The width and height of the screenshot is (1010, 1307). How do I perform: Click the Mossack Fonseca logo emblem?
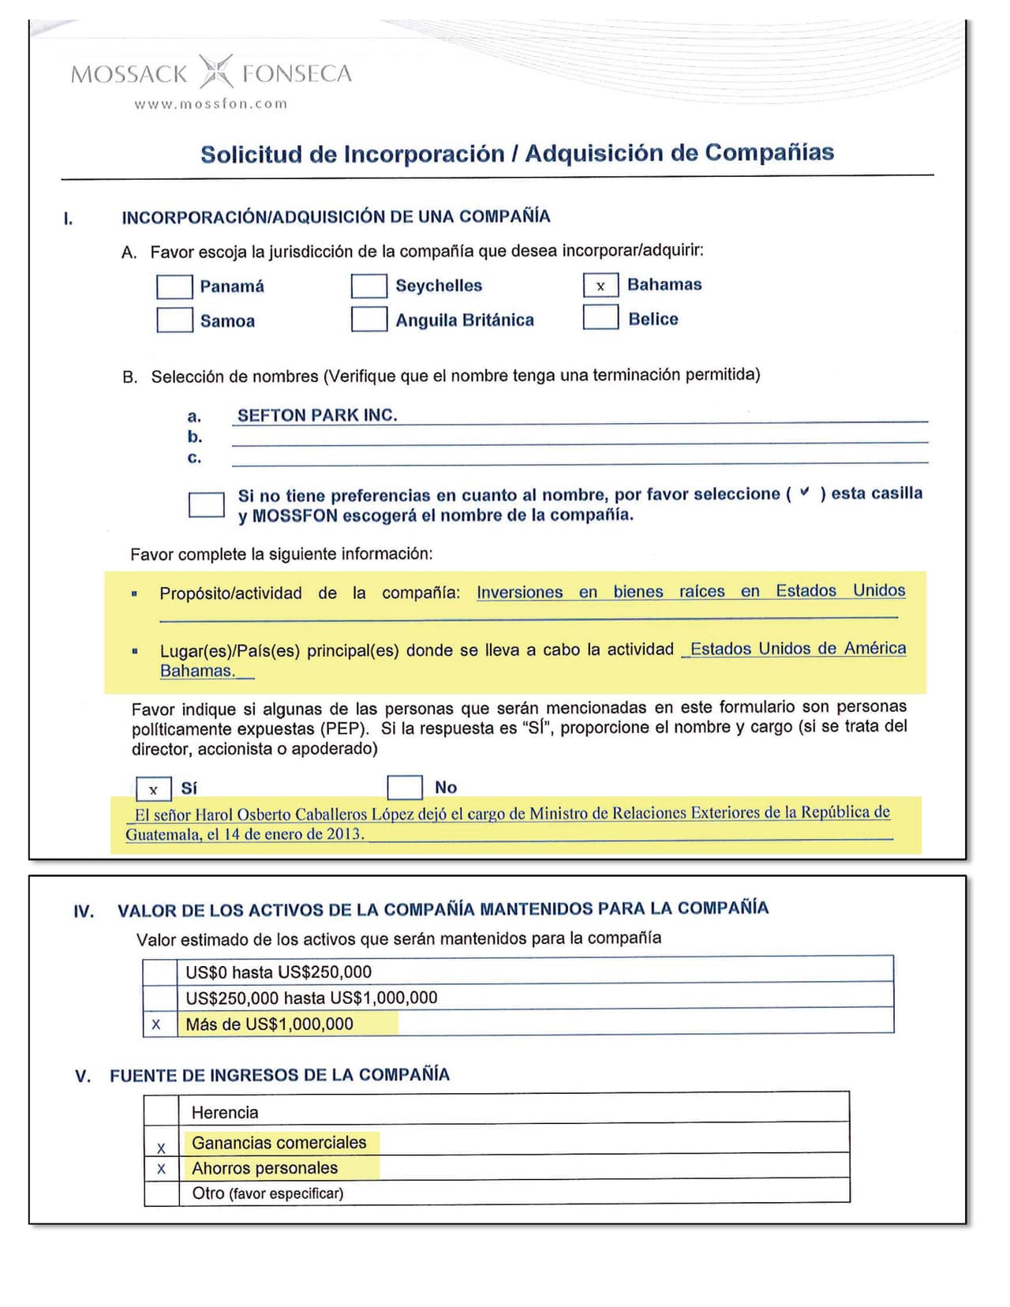(x=215, y=72)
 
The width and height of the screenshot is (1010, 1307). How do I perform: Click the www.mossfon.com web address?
(x=211, y=103)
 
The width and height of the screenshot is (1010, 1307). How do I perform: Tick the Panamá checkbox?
(x=174, y=286)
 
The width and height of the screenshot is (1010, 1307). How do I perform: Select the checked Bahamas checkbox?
(x=600, y=285)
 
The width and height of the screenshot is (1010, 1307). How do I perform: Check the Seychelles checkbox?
(x=368, y=286)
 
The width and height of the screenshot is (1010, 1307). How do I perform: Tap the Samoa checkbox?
(x=174, y=320)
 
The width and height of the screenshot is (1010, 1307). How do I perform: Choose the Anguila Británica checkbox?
(x=368, y=319)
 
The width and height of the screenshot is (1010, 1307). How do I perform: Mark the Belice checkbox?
(x=600, y=317)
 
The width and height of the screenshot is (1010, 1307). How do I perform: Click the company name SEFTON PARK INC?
(x=317, y=415)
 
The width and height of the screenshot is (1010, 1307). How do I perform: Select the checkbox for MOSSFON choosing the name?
(x=207, y=504)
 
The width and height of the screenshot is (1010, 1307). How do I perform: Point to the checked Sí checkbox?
(x=153, y=788)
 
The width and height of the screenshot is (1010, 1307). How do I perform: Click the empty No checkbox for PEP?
(x=405, y=787)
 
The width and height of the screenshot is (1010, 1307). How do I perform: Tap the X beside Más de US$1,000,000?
(x=156, y=1024)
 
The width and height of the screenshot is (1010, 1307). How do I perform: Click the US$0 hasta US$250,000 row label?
(x=279, y=972)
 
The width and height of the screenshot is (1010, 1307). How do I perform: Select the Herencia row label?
(x=225, y=1113)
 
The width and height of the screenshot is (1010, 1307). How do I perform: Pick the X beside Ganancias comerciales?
(x=161, y=1148)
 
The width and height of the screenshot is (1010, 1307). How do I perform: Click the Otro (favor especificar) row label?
(x=267, y=1193)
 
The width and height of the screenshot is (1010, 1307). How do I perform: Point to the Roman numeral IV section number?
(x=84, y=912)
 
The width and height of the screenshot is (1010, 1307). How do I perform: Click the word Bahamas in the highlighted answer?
(x=197, y=671)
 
